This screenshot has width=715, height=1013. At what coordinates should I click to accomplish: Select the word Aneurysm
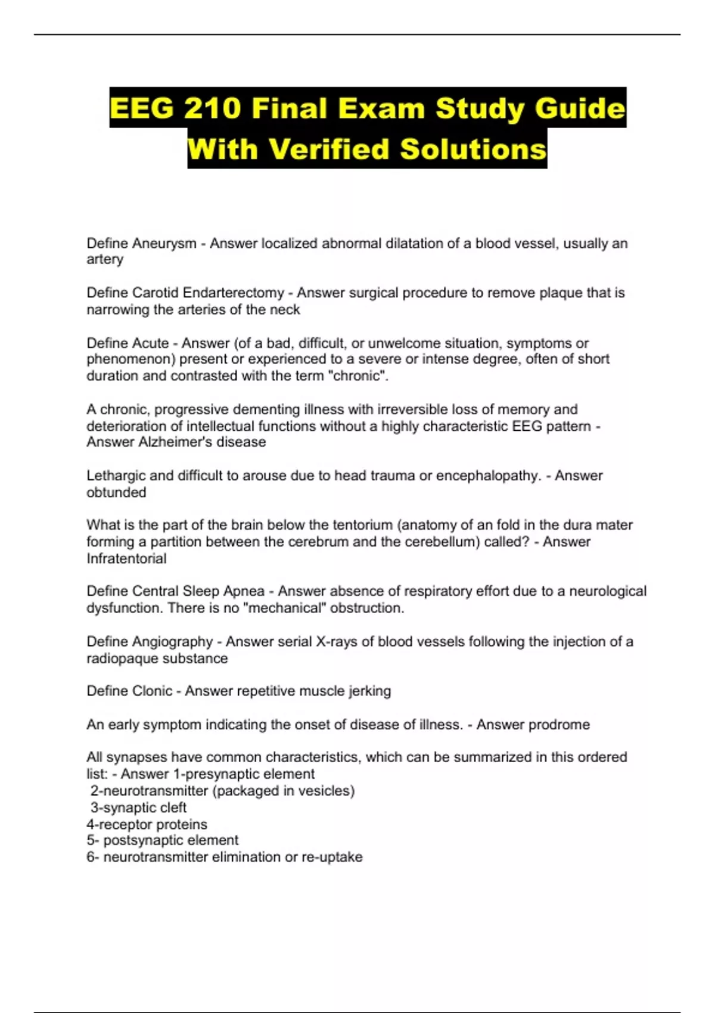[x=164, y=243]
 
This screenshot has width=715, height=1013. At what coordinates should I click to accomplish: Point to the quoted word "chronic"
[x=356, y=376]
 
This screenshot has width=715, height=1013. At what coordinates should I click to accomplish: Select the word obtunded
[x=116, y=492]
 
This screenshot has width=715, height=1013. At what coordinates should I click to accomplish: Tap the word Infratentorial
[x=126, y=558]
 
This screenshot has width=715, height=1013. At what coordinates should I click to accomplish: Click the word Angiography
[x=172, y=641]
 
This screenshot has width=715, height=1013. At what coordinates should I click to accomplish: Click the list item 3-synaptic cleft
[x=138, y=807]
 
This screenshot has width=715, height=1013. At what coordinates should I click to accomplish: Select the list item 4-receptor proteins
[x=147, y=824]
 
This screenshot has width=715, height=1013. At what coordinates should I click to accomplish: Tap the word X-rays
[x=336, y=641]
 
